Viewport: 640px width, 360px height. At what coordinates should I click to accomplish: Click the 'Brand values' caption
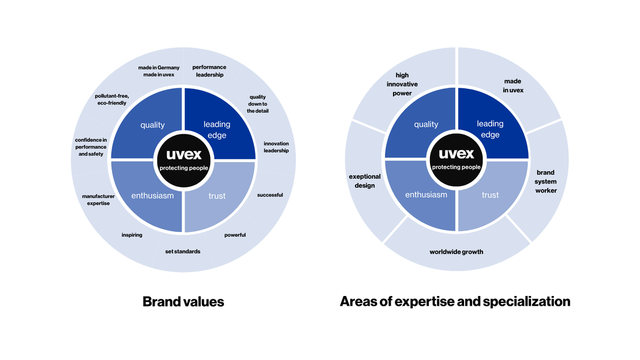pos(183,301)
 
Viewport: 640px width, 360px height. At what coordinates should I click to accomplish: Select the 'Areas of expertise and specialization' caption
pos(455,301)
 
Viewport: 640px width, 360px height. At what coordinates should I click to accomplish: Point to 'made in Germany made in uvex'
pos(156,71)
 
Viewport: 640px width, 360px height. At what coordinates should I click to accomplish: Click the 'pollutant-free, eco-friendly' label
pos(111,99)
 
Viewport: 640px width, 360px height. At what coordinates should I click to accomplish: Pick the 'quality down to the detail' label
pos(257,104)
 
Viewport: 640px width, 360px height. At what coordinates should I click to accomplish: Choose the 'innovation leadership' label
pos(276,147)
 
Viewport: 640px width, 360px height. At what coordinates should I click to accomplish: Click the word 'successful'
pos(270,195)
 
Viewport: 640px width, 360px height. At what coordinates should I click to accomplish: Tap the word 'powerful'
pos(235,235)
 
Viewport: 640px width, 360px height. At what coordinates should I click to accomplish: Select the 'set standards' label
pos(183,252)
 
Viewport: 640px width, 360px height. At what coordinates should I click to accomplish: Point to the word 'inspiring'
pos(132,235)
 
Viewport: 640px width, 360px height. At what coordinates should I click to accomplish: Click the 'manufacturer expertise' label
pos(98,200)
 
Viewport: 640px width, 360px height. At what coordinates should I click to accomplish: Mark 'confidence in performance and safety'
pos(91,147)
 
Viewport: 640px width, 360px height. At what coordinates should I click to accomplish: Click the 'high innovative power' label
pos(402,84)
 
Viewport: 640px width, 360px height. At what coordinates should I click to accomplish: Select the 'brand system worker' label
pos(545,181)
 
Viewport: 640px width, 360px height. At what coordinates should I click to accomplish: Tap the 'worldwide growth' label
pos(456,252)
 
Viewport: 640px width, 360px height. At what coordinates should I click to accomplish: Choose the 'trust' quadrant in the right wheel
pos(489,195)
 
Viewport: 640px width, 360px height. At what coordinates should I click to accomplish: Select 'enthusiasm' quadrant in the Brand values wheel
pos(152,196)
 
